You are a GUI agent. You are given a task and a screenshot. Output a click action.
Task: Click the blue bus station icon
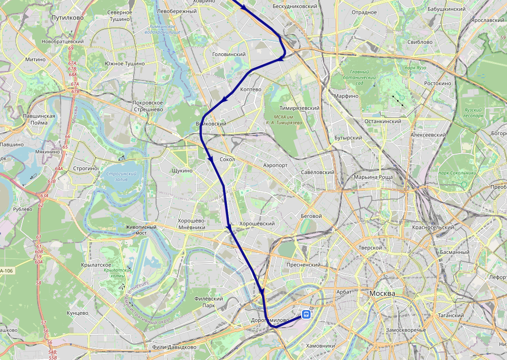306,314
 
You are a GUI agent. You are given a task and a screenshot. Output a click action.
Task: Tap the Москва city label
382,293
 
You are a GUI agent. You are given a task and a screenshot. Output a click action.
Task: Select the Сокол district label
227,159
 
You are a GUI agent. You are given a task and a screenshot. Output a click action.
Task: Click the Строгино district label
86,168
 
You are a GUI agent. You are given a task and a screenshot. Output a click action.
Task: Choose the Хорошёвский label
257,224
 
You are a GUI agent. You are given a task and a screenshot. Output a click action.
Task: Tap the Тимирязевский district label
299,108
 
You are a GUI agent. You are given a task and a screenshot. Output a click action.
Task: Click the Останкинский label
383,121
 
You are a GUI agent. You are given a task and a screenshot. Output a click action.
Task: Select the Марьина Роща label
373,177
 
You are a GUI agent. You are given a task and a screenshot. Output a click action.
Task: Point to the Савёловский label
318,172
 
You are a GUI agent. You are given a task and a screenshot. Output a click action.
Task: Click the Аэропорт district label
275,165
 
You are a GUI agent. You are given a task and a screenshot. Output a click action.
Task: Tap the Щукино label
182,171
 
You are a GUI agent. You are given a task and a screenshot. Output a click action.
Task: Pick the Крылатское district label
97,265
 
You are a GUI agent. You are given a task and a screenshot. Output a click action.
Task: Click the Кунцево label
78,313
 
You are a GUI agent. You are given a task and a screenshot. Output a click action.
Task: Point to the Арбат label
343,292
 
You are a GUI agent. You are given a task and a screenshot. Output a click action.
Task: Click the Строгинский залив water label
121,176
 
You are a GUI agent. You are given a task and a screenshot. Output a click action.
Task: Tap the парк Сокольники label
457,173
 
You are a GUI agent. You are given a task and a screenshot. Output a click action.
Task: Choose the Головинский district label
228,55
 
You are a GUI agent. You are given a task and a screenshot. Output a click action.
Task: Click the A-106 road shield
7,271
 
